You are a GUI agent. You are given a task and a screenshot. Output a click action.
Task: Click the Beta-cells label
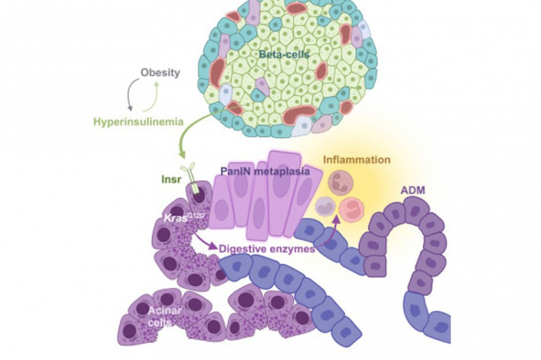click(284, 54)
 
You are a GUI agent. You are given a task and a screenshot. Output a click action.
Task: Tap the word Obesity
click(160, 73)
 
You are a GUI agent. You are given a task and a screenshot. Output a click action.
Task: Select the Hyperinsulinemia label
click(138, 121)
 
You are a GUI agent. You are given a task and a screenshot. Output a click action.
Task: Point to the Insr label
click(171, 179)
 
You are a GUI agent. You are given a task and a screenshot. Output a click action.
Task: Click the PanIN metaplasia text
click(265, 171)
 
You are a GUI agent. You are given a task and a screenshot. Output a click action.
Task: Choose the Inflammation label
click(357, 160)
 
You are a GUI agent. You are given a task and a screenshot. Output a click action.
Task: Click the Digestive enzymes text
click(267, 248)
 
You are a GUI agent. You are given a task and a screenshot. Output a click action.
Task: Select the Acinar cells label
click(165, 316)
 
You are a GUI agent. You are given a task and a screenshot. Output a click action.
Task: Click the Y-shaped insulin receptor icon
click(192, 178)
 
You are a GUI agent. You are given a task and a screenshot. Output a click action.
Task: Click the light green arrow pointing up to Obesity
click(152, 97)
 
